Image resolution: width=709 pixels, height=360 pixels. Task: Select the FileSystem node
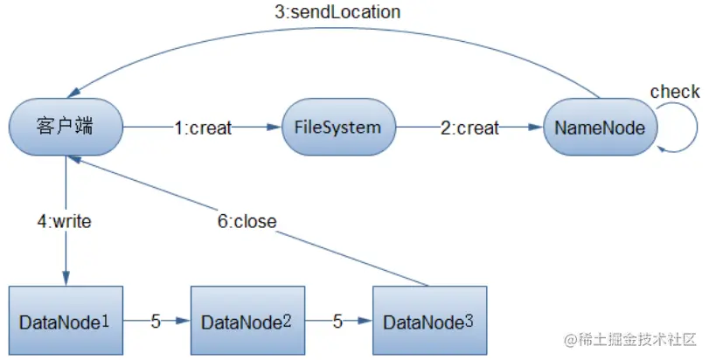pyautogui.click(x=337, y=128)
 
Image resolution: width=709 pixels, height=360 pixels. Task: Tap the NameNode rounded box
pyautogui.click(x=600, y=128)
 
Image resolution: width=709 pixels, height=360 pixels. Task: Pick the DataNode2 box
pyautogui.click(x=246, y=321)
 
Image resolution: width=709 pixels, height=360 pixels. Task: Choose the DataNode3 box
pyautogui.click(x=427, y=321)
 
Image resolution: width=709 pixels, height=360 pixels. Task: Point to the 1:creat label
pyautogui.click(x=202, y=128)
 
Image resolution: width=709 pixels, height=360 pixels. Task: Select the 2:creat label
pyautogui.click(x=469, y=128)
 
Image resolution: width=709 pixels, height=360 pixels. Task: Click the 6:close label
pyautogui.click(x=247, y=222)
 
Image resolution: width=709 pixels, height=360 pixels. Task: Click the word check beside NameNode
pyautogui.click(x=674, y=92)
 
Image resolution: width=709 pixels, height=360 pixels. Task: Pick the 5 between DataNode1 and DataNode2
pyautogui.click(x=156, y=322)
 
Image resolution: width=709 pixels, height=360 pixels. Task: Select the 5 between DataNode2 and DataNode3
pyautogui.click(x=337, y=322)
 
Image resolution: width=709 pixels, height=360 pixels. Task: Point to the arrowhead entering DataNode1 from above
pyautogui.click(x=66, y=277)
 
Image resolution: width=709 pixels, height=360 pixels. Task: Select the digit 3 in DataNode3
pyautogui.click(x=470, y=320)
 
